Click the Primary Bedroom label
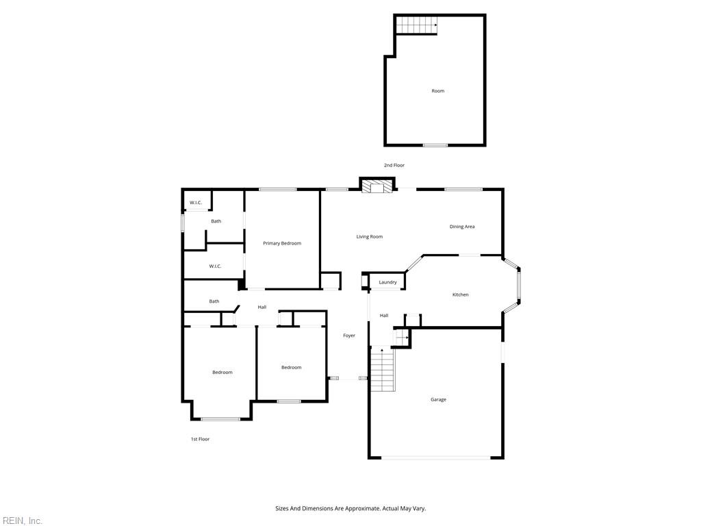click(281, 243)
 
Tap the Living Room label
click(369, 236)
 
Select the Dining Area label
click(462, 227)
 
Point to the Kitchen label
click(461, 295)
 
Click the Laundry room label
click(387, 282)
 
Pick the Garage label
click(438, 400)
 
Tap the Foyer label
click(349, 336)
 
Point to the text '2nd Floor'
click(394, 166)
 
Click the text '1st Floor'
click(201, 439)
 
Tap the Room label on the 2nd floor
click(437, 91)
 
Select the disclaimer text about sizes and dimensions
click(350, 509)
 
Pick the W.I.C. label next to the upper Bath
click(196, 203)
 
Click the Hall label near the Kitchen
click(384, 316)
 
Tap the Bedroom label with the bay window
click(222, 373)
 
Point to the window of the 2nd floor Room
click(435, 145)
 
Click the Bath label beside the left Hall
click(214, 301)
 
